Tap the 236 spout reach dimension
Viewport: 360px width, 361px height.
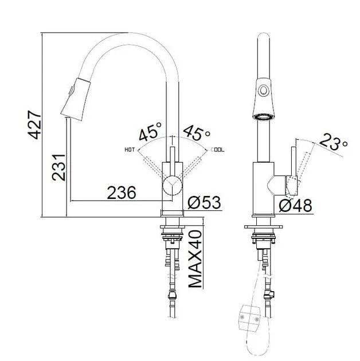point(122,193)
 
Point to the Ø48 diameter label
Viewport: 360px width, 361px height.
point(296,205)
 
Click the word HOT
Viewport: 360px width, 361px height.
point(130,150)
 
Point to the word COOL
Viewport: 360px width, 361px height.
point(218,150)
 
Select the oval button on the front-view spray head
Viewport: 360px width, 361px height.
point(264,90)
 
